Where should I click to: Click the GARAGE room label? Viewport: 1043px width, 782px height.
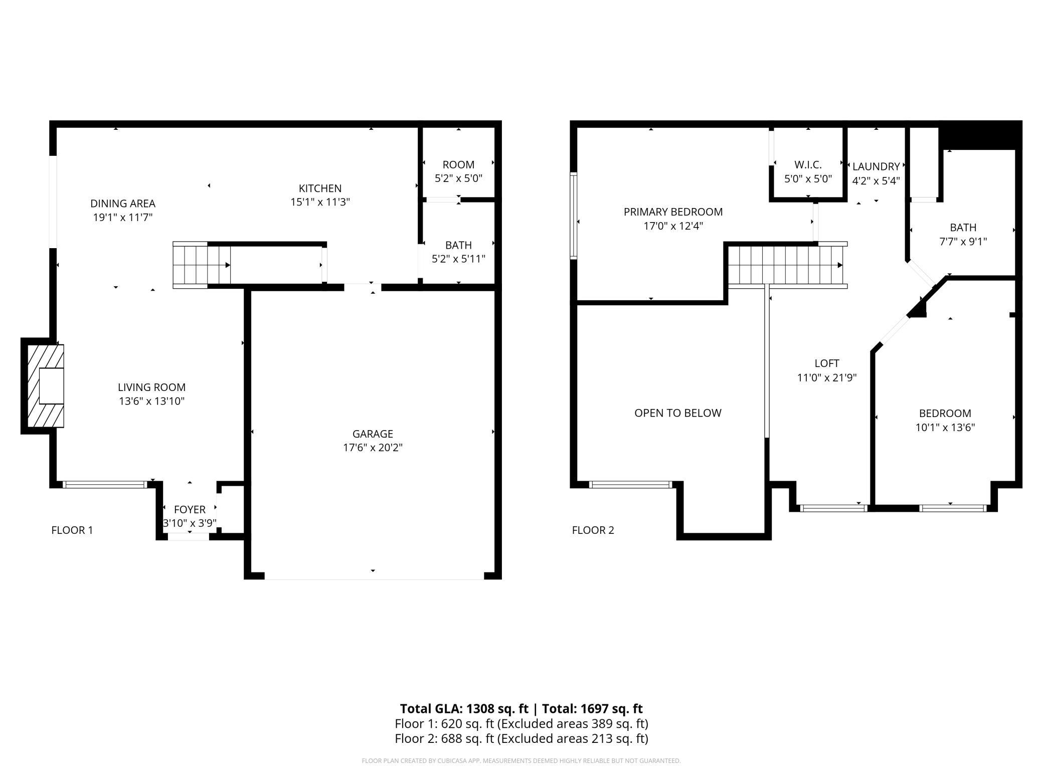[x=373, y=434]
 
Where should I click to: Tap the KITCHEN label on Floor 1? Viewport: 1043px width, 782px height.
[x=320, y=188]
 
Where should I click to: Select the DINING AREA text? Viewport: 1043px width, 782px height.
[x=123, y=204]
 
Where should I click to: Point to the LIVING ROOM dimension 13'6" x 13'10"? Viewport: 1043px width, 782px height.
[x=151, y=401]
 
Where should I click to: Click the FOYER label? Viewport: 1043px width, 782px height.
[x=190, y=509]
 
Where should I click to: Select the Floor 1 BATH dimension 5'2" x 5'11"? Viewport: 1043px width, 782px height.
[x=458, y=259]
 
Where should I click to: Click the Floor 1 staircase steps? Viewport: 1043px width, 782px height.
[x=202, y=265]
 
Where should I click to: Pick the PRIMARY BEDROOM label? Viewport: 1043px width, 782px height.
[x=673, y=212]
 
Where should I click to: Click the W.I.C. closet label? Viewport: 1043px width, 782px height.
[x=808, y=164]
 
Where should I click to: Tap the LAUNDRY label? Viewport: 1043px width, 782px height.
[x=876, y=166]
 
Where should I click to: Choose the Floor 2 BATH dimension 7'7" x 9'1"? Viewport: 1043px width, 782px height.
[x=963, y=242]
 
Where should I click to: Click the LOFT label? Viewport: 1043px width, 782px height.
[x=827, y=363]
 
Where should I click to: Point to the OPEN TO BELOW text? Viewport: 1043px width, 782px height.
[x=678, y=413]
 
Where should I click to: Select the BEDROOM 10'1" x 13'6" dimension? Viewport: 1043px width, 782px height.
[x=945, y=428]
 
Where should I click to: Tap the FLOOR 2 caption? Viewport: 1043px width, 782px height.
[x=593, y=530]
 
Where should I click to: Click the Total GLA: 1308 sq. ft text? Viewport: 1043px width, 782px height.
[x=464, y=709]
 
